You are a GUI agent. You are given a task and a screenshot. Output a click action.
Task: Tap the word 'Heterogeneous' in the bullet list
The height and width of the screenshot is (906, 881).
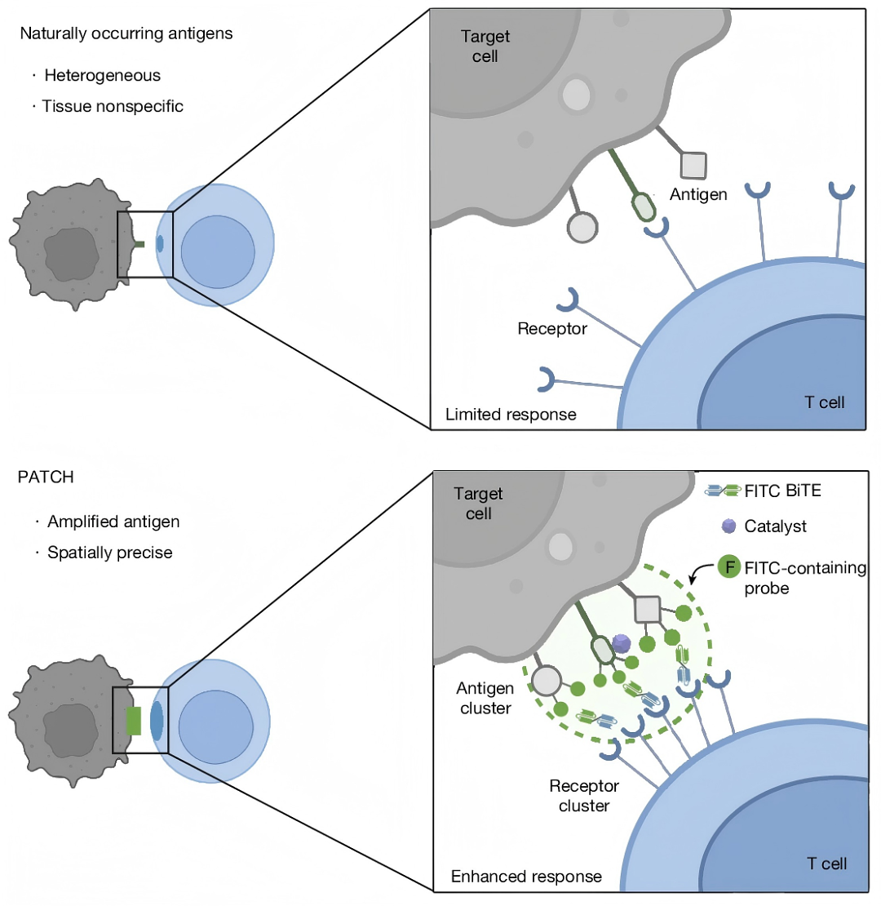(103, 76)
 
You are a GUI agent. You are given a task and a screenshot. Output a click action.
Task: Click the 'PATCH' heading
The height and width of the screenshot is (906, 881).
(46, 478)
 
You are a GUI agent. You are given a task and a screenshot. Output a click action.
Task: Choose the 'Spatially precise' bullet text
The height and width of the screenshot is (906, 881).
(109, 553)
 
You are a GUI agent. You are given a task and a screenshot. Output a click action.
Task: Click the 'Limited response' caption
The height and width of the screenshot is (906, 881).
(511, 415)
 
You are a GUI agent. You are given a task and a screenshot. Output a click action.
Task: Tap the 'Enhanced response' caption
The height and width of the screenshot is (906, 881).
(526, 877)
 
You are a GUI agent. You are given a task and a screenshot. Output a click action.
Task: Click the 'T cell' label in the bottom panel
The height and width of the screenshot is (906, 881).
(826, 864)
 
